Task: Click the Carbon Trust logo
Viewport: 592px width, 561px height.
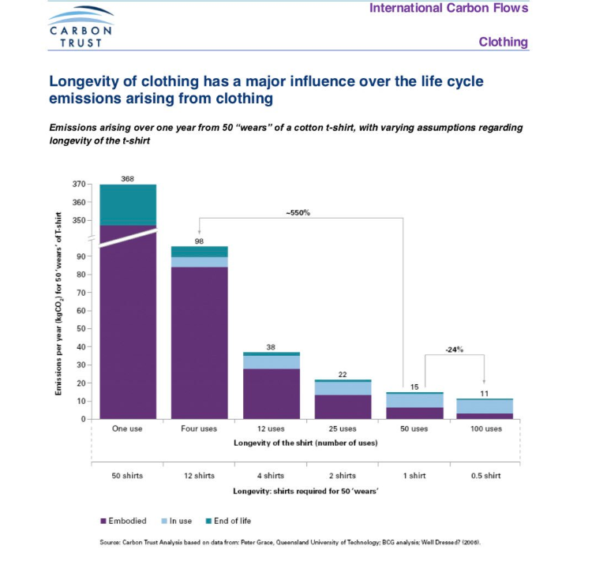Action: tap(76, 27)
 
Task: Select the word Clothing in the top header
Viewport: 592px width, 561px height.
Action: tap(503, 43)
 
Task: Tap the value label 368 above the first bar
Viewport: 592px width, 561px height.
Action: tap(127, 179)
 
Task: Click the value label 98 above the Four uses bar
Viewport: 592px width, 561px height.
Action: tap(199, 240)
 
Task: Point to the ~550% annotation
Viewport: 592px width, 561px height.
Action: tap(296, 212)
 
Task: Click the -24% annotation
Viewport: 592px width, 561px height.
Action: tap(452, 350)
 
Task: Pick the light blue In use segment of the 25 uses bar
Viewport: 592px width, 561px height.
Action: tap(343, 388)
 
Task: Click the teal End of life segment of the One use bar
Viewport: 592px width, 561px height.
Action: tap(127, 205)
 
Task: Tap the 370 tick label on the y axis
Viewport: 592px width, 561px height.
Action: tap(77, 185)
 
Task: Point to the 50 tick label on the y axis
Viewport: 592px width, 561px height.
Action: tap(80, 328)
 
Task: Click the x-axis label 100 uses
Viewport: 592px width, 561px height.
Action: tap(485, 428)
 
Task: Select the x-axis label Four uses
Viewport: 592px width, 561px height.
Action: tap(199, 428)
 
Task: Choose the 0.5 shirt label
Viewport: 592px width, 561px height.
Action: tap(485, 476)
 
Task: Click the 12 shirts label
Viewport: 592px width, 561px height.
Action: tap(199, 476)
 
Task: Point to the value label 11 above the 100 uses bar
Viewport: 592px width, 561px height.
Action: tap(485, 392)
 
